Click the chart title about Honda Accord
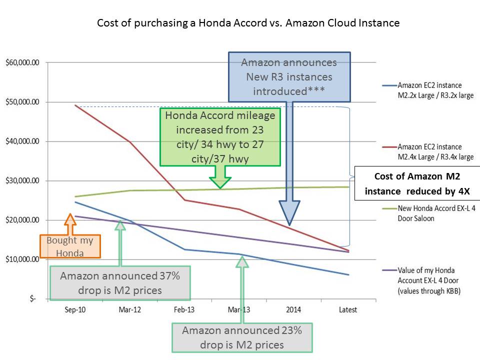(x=248, y=23)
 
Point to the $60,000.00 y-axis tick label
(x=25, y=62)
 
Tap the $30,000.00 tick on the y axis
(x=25, y=180)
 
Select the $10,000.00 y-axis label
(x=25, y=259)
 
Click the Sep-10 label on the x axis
(x=75, y=310)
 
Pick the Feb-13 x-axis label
(x=184, y=310)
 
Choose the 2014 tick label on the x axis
(x=293, y=310)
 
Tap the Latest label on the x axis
(x=348, y=310)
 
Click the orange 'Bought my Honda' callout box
(x=69, y=246)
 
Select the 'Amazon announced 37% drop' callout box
(x=119, y=282)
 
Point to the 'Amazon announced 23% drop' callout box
(x=242, y=337)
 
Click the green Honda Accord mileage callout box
(x=220, y=137)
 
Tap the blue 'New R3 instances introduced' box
(x=289, y=76)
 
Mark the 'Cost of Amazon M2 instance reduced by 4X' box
(x=417, y=183)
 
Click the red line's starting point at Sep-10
(x=75, y=105)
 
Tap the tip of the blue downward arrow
(x=289, y=225)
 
